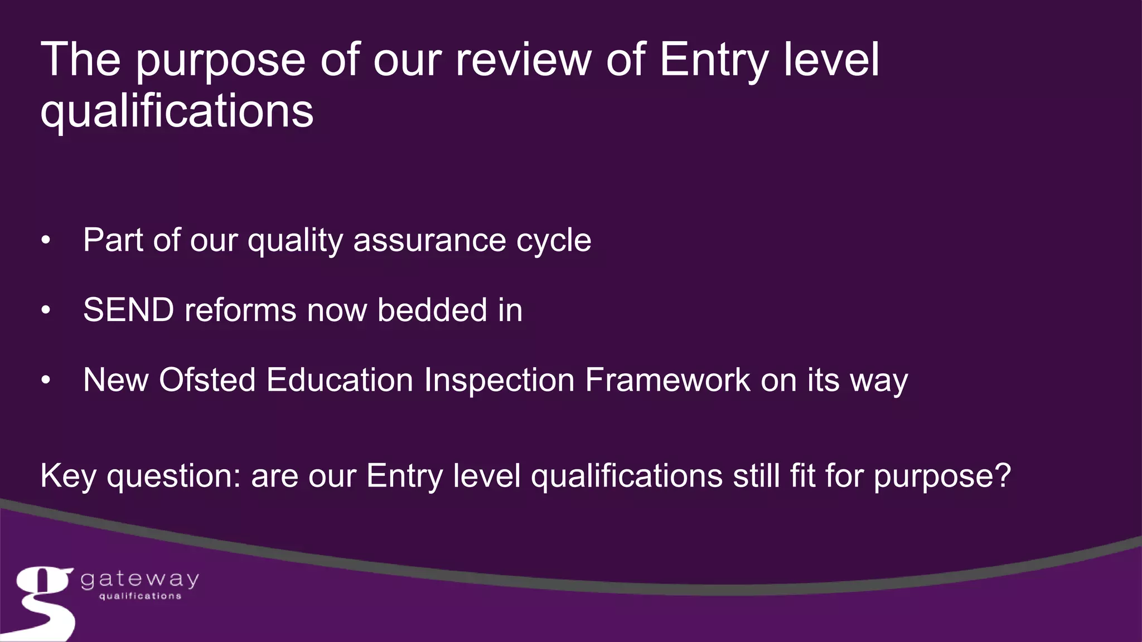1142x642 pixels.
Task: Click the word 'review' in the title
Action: coord(523,60)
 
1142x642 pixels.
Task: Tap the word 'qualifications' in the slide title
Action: coord(177,111)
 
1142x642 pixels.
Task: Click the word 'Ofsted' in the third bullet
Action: coord(207,380)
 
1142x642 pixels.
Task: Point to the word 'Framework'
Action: coord(667,380)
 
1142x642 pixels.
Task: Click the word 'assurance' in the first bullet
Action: coord(429,240)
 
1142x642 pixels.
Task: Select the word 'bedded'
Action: coord(432,310)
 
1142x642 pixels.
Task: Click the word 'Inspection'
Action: coord(499,380)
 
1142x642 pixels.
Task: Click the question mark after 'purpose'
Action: coord(1003,475)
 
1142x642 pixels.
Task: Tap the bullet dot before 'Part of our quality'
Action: coord(46,241)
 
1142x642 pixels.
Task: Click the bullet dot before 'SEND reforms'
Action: coord(46,311)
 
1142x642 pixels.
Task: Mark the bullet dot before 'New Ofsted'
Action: coord(46,381)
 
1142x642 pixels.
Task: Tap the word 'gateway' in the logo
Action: coord(139,580)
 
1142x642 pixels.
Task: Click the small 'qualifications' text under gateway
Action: coord(140,596)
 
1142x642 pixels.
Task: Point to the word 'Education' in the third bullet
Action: coord(339,380)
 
